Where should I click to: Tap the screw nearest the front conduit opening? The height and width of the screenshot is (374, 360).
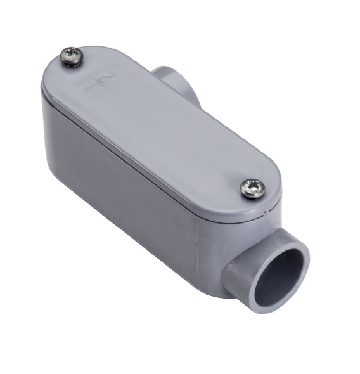point(252,188)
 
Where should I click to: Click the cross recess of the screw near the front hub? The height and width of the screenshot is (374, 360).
point(253,187)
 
